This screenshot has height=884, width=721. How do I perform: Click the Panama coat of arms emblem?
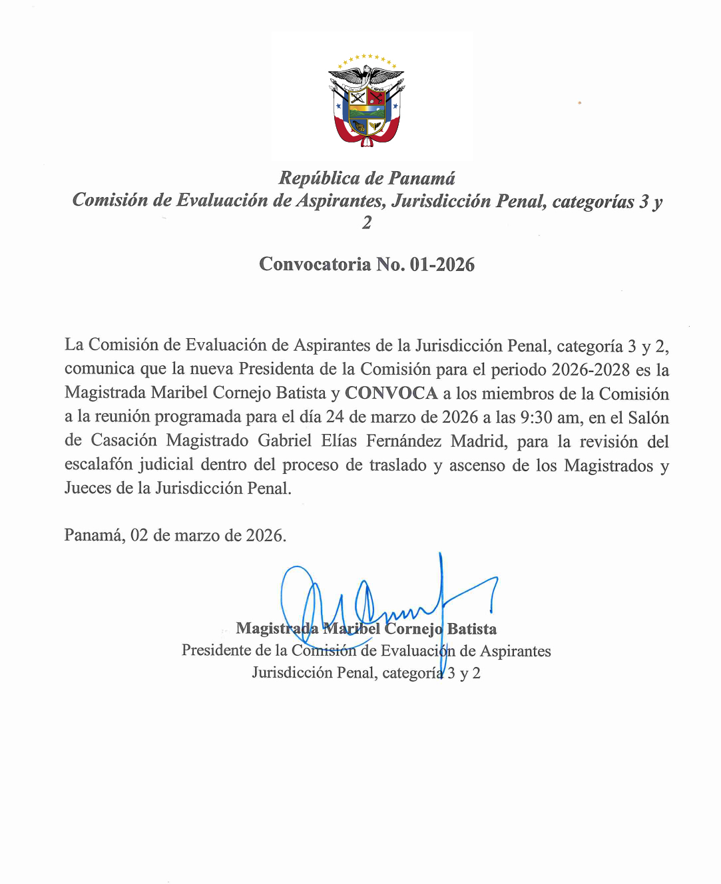click(367, 100)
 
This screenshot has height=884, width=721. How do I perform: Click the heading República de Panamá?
click(367, 178)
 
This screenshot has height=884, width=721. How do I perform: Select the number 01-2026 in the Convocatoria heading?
click(442, 264)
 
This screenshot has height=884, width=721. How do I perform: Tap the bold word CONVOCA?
click(391, 393)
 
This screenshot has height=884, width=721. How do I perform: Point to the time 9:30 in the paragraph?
click(536, 417)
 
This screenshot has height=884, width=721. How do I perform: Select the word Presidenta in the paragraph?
click(276, 369)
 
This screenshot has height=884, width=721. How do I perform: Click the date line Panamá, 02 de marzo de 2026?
click(175, 535)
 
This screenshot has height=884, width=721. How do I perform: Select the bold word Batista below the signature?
click(472, 629)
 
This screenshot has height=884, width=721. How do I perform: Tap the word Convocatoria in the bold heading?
click(315, 264)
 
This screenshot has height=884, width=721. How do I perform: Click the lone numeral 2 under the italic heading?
click(367, 222)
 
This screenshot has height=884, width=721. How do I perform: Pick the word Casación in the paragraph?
click(124, 441)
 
